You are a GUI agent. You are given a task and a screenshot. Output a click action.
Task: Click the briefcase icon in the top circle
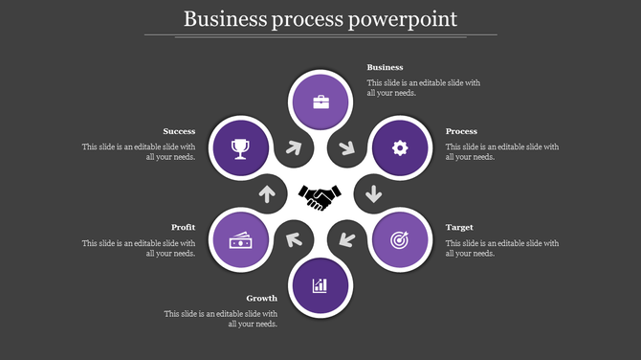coord(320,101)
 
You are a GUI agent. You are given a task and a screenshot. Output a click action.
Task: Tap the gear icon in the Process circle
coord(401,147)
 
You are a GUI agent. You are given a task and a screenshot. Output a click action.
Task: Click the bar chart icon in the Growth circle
coord(320,285)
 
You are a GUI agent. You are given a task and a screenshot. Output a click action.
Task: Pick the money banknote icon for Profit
coord(239,240)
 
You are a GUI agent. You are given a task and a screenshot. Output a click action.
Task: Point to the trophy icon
coord(239,147)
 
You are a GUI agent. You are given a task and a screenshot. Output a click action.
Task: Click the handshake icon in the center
coord(320,196)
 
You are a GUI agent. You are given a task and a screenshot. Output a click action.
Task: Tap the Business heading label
coord(386,68)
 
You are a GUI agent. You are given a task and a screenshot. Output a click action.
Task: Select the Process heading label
coord(461,131)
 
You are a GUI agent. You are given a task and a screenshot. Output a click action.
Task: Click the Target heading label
coord(459,228)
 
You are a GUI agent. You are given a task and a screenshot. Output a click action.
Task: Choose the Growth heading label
coord(261,299)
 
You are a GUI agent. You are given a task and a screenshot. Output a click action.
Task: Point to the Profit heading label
coord(184,228)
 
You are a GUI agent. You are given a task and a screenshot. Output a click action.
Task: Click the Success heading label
coord(179,131)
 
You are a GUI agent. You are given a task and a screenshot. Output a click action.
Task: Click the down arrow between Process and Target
coord(373,194)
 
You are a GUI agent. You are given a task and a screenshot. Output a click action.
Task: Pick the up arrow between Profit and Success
coord(267,194)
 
